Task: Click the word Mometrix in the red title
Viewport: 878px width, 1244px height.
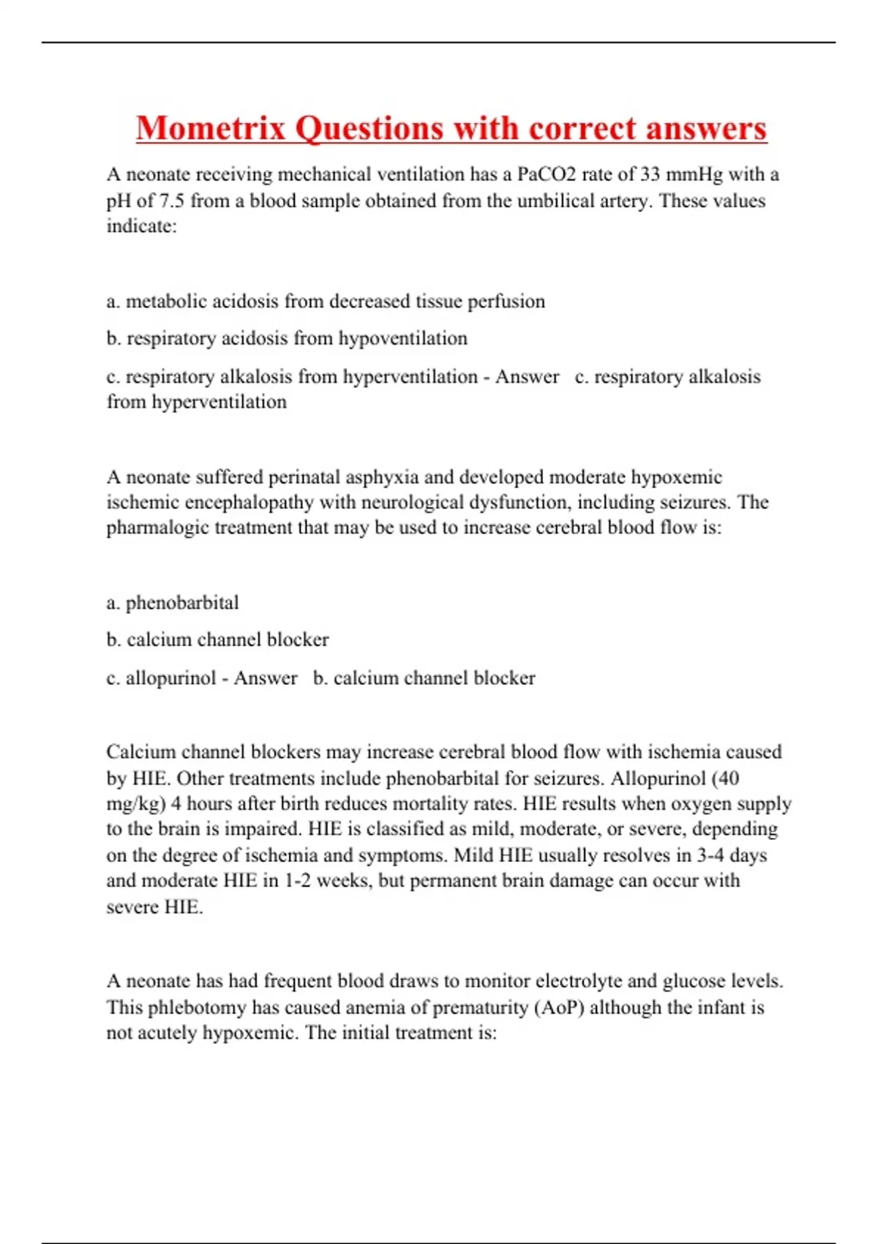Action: click(211, 129)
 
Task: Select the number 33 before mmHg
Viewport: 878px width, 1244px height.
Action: click(650, 175)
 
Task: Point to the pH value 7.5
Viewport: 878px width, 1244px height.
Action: click(172, 201)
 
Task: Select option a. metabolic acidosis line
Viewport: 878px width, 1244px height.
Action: click(326, 301)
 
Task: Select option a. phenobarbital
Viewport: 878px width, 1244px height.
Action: click(173, 603)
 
